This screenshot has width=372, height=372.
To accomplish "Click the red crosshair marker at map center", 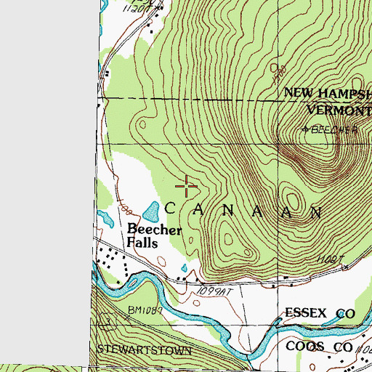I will (186, 187).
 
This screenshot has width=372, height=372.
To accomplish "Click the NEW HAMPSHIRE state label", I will (327, 93).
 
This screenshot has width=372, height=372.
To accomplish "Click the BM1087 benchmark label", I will (144, 310).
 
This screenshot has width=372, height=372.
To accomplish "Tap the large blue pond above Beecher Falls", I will (152, 212).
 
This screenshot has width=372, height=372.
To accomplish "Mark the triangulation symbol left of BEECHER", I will (306, 130).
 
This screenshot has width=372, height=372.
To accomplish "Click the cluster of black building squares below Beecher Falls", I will (113, 259).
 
